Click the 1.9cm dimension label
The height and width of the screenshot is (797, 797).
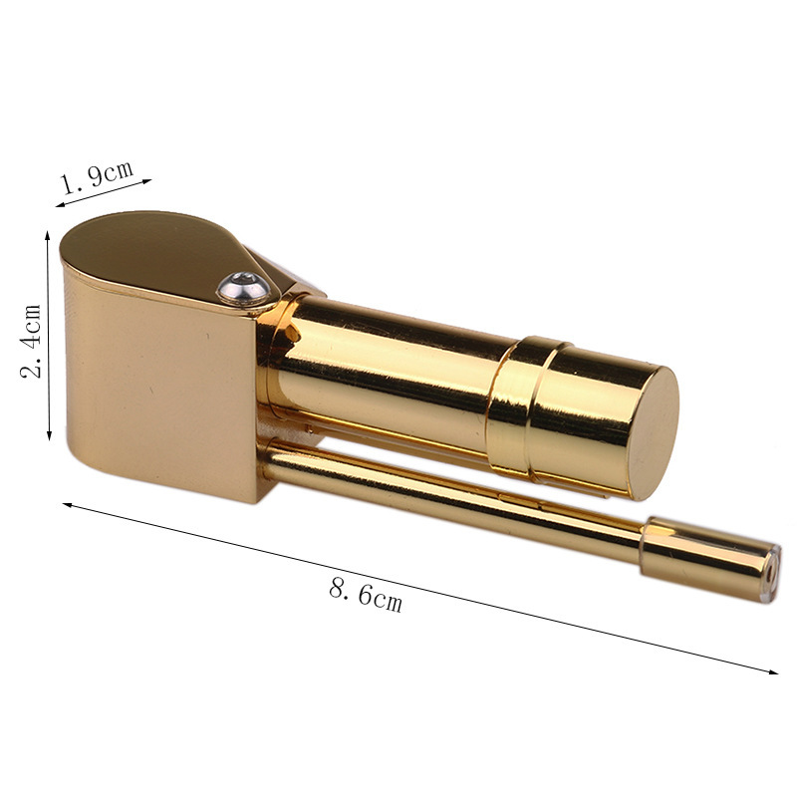[x=98, y=176]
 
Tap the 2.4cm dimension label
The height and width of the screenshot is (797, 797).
[x=32, y=341]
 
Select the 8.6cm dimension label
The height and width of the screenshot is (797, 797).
[x=366, y=595]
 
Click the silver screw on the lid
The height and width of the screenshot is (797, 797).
[x=243, y=289]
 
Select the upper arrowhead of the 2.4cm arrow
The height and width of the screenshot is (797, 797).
[x=48, y=235]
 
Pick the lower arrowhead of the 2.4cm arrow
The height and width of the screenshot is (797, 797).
[x=49, y=436]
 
